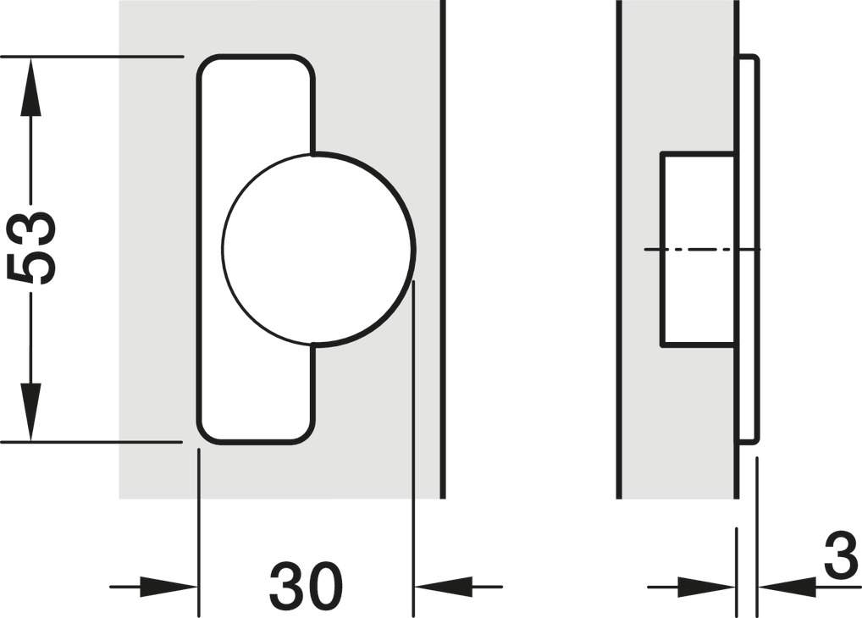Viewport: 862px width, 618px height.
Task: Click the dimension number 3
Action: point(842,555)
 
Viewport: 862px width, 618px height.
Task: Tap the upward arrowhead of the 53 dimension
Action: point(30,86)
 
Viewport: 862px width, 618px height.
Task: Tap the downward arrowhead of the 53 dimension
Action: point(30,411)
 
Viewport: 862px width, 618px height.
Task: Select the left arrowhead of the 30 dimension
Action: point(169,587)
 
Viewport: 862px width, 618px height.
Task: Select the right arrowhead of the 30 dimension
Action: point(443,587)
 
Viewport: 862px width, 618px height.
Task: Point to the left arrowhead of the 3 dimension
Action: point(707,587)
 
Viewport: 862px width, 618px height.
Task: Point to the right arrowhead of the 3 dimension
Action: point(786,587)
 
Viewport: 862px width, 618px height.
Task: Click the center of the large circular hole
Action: point(318,250)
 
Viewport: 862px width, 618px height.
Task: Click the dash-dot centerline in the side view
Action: point(703,250)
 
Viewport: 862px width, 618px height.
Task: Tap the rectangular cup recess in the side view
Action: point(699,250)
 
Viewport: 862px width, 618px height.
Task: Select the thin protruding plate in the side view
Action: point(749,249)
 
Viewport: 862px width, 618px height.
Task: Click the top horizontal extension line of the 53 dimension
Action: point(91,56)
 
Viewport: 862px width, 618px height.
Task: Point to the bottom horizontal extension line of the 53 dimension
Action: point(91,442)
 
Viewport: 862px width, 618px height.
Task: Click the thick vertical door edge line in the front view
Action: point(443,249)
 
